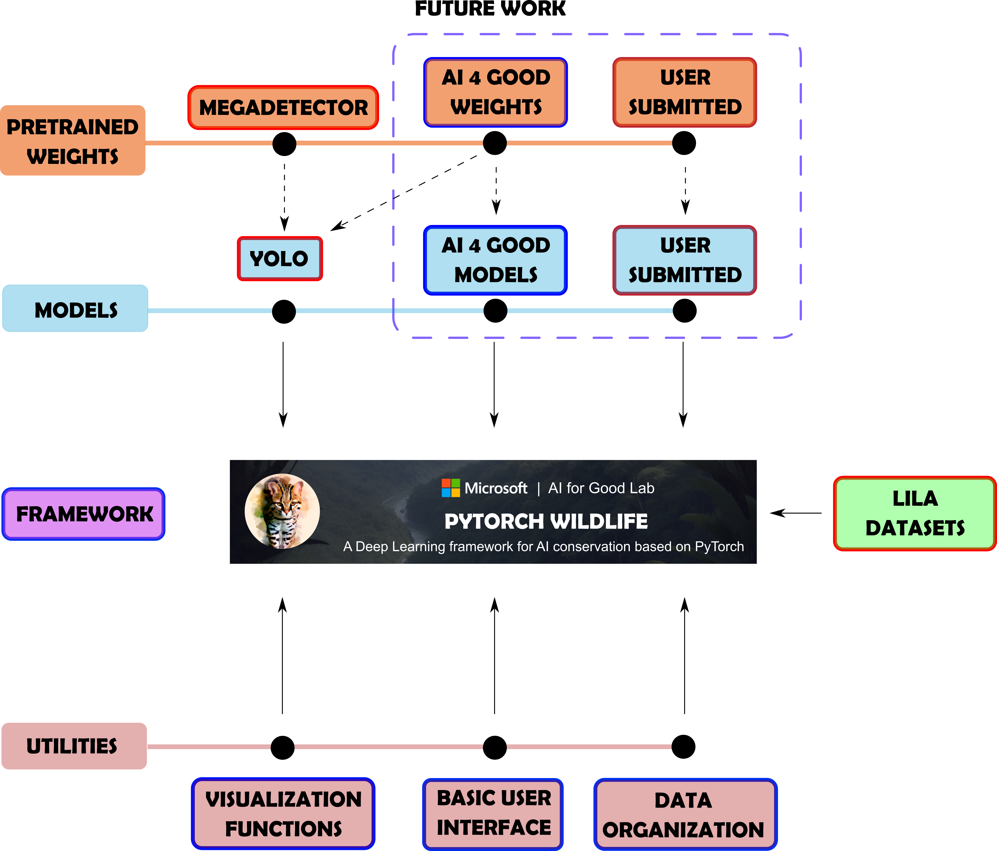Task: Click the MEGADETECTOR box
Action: [x=283, y=107]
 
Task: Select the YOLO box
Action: [x=280, y=259]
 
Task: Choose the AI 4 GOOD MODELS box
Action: [x=496, y=260]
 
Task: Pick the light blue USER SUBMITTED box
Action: [x=685, y=260]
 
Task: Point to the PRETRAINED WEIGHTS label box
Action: [x=73, y=140]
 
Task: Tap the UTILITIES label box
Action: [x=74, y=746]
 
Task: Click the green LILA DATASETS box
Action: [x=915, y=513]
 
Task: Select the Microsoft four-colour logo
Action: [x=451, y=488]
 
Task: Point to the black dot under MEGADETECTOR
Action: [x=284, y=144]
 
